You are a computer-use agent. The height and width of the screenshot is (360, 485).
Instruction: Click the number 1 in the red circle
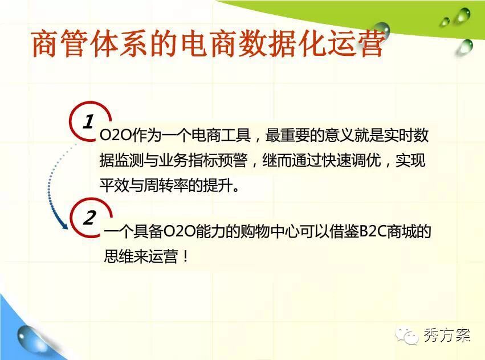click(x=88, y=121)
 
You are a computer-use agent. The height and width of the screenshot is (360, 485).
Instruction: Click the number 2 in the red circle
click(x=90, y=218)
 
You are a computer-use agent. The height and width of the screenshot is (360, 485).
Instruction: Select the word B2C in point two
click(x=373, y=231)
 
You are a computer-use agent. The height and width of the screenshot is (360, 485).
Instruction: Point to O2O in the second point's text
click(x=179, y=231)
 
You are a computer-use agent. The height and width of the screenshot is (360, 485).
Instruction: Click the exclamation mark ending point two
click(x=186, y=257)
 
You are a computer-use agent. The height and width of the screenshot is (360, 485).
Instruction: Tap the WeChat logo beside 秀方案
click(x=406, y=336)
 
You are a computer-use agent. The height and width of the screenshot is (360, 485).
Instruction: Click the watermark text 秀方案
click(x=447, y=336)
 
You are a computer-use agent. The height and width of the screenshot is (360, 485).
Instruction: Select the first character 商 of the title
click(x=45, y=44)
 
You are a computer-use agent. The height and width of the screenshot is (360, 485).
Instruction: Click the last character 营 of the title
click(x=370, y=44)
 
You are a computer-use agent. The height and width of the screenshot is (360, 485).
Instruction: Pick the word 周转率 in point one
click(x=166, y=186)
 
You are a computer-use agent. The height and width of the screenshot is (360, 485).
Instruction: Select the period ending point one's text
click(x=236, y=189)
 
